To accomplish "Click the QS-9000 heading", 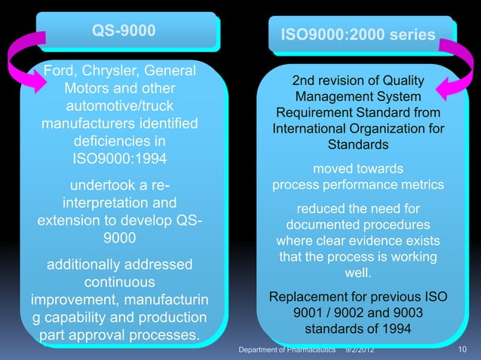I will click(x=124, y=31).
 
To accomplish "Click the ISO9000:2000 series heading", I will click(x=357, y=35).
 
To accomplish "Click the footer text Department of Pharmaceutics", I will click(x=286, y=352).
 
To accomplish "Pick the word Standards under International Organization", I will click(x=357, y=145).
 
